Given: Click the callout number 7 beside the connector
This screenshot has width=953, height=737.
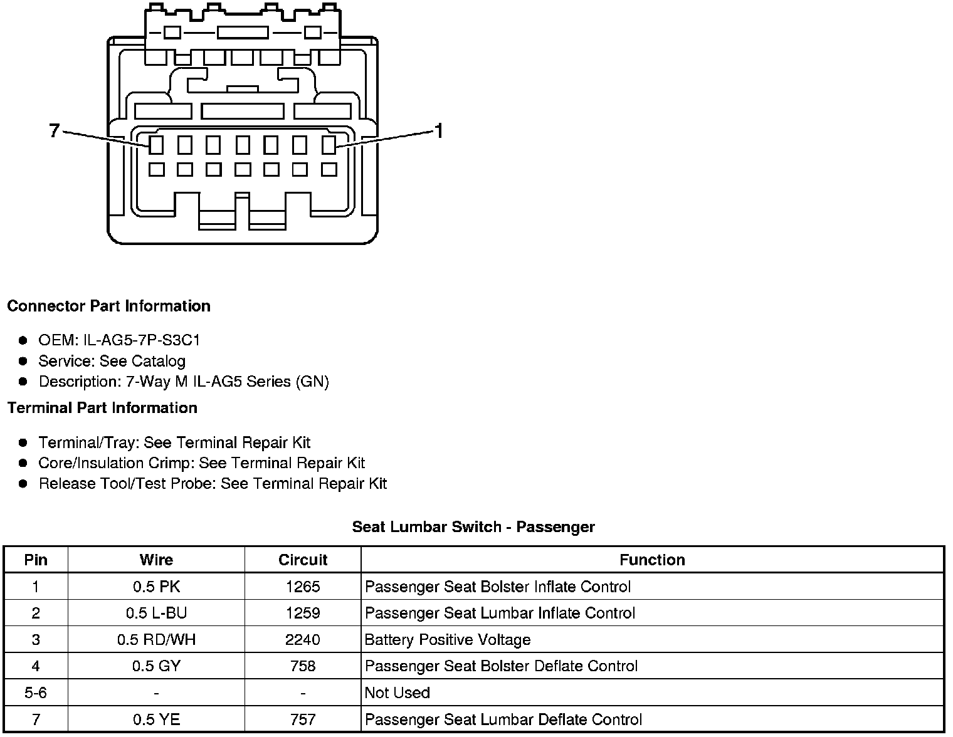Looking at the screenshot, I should [54, 130].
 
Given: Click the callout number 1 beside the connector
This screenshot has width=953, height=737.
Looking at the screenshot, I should [439, 131].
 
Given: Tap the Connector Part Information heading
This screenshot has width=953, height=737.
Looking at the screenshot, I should [108, 306].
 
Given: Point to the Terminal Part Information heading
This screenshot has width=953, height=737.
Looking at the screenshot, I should [102, 408].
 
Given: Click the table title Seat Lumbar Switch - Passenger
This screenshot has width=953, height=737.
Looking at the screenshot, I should [473, 527].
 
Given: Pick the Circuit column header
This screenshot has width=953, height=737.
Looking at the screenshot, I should [303, 560].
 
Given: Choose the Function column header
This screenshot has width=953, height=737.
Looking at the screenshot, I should [652, 560].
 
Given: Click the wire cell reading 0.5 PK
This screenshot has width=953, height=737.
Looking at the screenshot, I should [156, 587].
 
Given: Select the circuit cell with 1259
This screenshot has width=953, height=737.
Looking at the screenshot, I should [303, 613].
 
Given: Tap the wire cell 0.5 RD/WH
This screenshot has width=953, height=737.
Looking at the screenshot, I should [156, 640].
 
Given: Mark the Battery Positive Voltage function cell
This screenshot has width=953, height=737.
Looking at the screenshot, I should [448, 640].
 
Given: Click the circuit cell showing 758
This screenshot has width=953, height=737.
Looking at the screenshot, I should [303, 666].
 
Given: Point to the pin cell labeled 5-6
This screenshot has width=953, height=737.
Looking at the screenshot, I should [36, 693].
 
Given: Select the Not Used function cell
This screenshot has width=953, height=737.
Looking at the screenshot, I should [398, 693].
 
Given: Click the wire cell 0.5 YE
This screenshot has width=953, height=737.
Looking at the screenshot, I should [156, 719].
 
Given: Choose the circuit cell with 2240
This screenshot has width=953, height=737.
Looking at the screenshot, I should [303, 640].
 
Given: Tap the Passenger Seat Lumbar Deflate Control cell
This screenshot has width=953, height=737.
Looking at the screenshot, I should [503, 719].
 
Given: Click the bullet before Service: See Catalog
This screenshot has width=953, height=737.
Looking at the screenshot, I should [23, 361].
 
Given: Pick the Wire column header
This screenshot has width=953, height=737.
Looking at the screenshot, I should [156, 560].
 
